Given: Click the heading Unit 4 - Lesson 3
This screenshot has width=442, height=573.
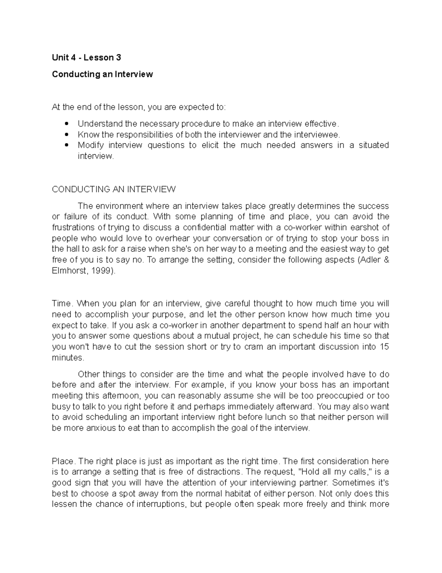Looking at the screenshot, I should pyautogui.click(x=86, y=58).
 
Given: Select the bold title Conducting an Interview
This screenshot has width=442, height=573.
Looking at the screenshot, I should pyautogui.click(x=102, y=74).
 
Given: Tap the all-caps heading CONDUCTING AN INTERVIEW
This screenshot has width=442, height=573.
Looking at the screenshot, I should pyautogui.click(x=114, y=189).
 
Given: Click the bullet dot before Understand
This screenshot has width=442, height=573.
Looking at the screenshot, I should pyautogui.click(x=67, y=124).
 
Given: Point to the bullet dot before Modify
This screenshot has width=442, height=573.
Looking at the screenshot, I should pyautogui.click(x=67, y=145).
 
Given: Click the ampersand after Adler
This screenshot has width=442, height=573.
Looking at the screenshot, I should pyautogui.click(x=386, y=260).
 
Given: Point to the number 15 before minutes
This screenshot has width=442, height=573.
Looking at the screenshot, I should pyautogui.click(x=384, y=347).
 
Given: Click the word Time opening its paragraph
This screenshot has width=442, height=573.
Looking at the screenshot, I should pyautogui.click(x=61, y=304).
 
